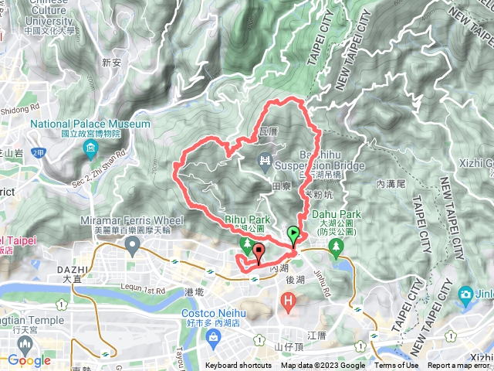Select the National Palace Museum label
click(x=90, y=124)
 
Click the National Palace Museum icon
click(x=91, y=148)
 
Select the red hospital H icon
click(x=289, y=299)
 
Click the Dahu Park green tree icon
click(x=336, y=247)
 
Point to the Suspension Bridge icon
click(x=265, y=160)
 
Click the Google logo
click(x=29, y=360)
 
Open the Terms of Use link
click(x=397, y=366)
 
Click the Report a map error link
click(x=460, y=366)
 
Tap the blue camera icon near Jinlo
click(x=465, y=294)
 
